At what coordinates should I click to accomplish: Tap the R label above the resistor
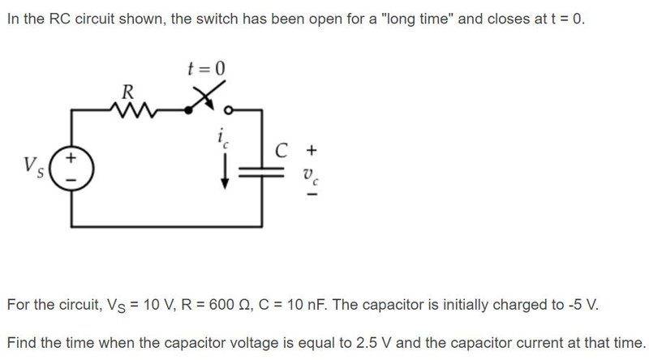[127, 91]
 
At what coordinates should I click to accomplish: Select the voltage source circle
[73, 167]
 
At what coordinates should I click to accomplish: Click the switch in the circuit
[207, 101]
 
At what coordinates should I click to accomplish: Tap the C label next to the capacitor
[282, 150]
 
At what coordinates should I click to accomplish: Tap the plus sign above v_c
[311, 150]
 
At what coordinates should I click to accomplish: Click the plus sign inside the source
[72, 158]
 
